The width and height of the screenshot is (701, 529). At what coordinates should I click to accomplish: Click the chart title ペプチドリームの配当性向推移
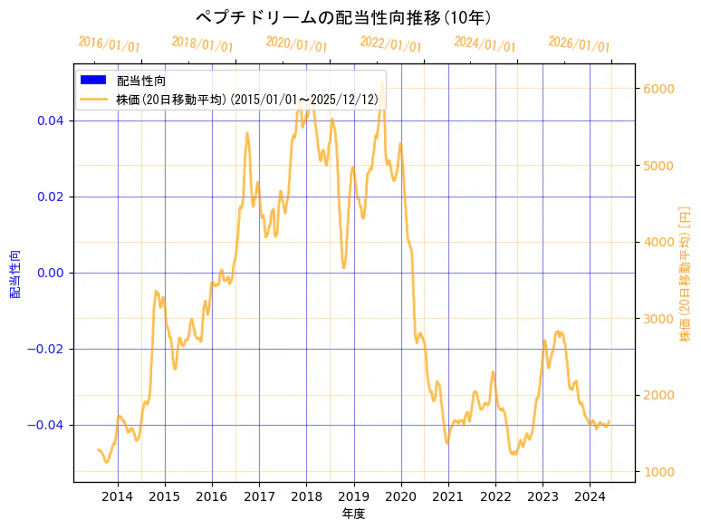click(x=343, y=17)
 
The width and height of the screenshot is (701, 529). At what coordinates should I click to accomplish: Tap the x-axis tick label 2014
click(x=118, y=496)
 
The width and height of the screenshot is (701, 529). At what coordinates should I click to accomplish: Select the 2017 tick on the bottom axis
click(x=259, y=496)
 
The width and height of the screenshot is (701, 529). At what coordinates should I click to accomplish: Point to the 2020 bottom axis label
click(x=401, y=496)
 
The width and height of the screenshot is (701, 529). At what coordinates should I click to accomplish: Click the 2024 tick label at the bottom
click(x=590, y=496)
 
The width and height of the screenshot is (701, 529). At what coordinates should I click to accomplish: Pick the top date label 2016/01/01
click(x=109, y=44)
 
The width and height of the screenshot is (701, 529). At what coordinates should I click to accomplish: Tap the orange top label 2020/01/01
click(x=296, y=44)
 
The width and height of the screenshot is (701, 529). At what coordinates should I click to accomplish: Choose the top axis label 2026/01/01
click(x=579, y=44)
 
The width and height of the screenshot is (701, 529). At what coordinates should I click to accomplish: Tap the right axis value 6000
click(x=658, y=89)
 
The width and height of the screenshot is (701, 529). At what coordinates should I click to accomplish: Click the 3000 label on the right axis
click(x=658, y=319)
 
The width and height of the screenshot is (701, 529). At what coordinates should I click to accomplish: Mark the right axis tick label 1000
click(x=658, y=472)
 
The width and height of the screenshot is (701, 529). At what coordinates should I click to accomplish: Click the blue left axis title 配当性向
click(x=15, y=274)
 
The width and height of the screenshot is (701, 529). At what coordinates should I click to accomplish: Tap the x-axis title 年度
click(x=354, y=514)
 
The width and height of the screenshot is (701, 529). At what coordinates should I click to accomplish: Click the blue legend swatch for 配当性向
click(x=93, y=81)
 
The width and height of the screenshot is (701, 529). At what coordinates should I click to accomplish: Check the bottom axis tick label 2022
click(x=495, y=496)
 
